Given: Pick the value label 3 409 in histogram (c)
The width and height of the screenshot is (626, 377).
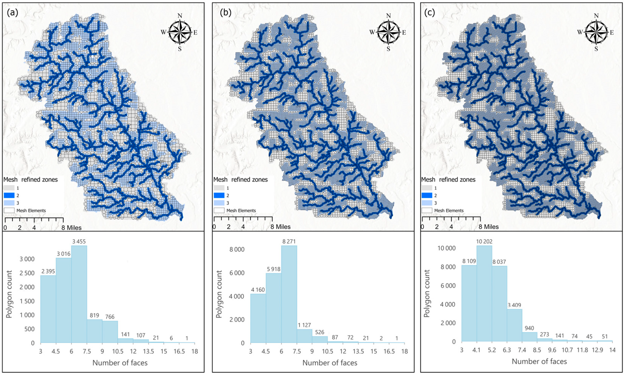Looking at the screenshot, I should point(515,305).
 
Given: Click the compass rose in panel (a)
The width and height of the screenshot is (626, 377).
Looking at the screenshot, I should point(180,32).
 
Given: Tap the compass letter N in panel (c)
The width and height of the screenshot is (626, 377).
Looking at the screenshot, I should point(596,16).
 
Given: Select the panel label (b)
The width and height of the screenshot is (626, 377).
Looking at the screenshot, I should point(225,13).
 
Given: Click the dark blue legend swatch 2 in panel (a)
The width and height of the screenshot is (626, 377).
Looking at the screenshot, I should point(9,195).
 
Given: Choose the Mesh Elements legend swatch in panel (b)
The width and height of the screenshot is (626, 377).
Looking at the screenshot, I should point(219,210).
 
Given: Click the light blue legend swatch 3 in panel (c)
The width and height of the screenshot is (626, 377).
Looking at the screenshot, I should point(427,203).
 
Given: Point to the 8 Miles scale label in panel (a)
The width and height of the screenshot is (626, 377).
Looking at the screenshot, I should point(72,227).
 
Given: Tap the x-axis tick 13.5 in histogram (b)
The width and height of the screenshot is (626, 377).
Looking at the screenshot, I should point(358,351).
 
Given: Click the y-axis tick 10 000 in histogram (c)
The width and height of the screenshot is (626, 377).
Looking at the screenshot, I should point(446,248).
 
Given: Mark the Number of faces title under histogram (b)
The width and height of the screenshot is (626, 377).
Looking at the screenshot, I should point(330,363).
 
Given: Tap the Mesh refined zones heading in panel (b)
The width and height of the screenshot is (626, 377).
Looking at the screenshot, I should point(240,180).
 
